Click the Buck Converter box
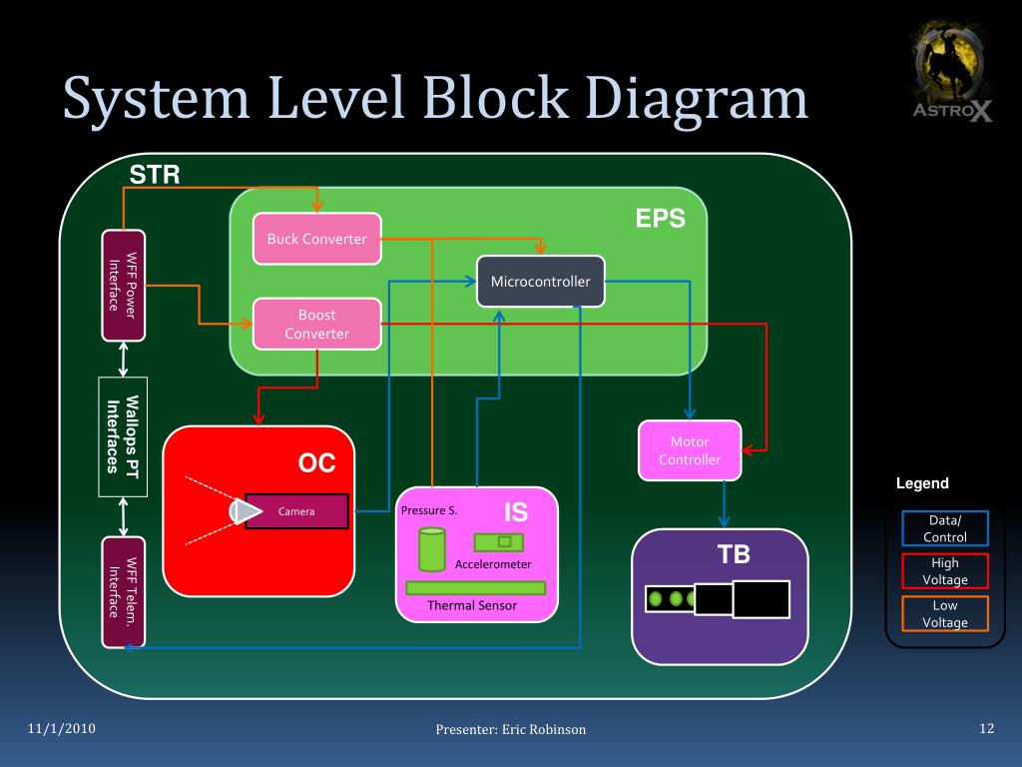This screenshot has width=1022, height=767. tap(317, 239)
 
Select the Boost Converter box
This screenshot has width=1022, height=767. tap(317, 324)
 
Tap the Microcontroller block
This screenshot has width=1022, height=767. tap(540, 282)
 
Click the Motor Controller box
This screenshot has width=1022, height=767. tap(690, 449)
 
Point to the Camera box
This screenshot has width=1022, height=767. tap(296, 511)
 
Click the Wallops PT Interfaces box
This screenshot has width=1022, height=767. tap(123, 436)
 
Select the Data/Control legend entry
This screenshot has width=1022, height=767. tap(944, 528)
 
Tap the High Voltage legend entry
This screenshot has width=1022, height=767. tap(944, 570)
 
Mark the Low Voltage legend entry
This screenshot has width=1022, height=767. tap(944, 613)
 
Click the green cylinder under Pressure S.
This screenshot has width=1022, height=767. tap(432, 549)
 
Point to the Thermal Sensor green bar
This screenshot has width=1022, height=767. tap(475, 587)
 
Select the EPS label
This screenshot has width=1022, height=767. tap(661, 220)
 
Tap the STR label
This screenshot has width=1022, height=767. tap(155, 177)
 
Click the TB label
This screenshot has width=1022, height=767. tap(734, 555)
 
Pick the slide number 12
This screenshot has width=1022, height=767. tap(987, 728)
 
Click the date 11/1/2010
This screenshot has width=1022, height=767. tap(62, 728)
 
